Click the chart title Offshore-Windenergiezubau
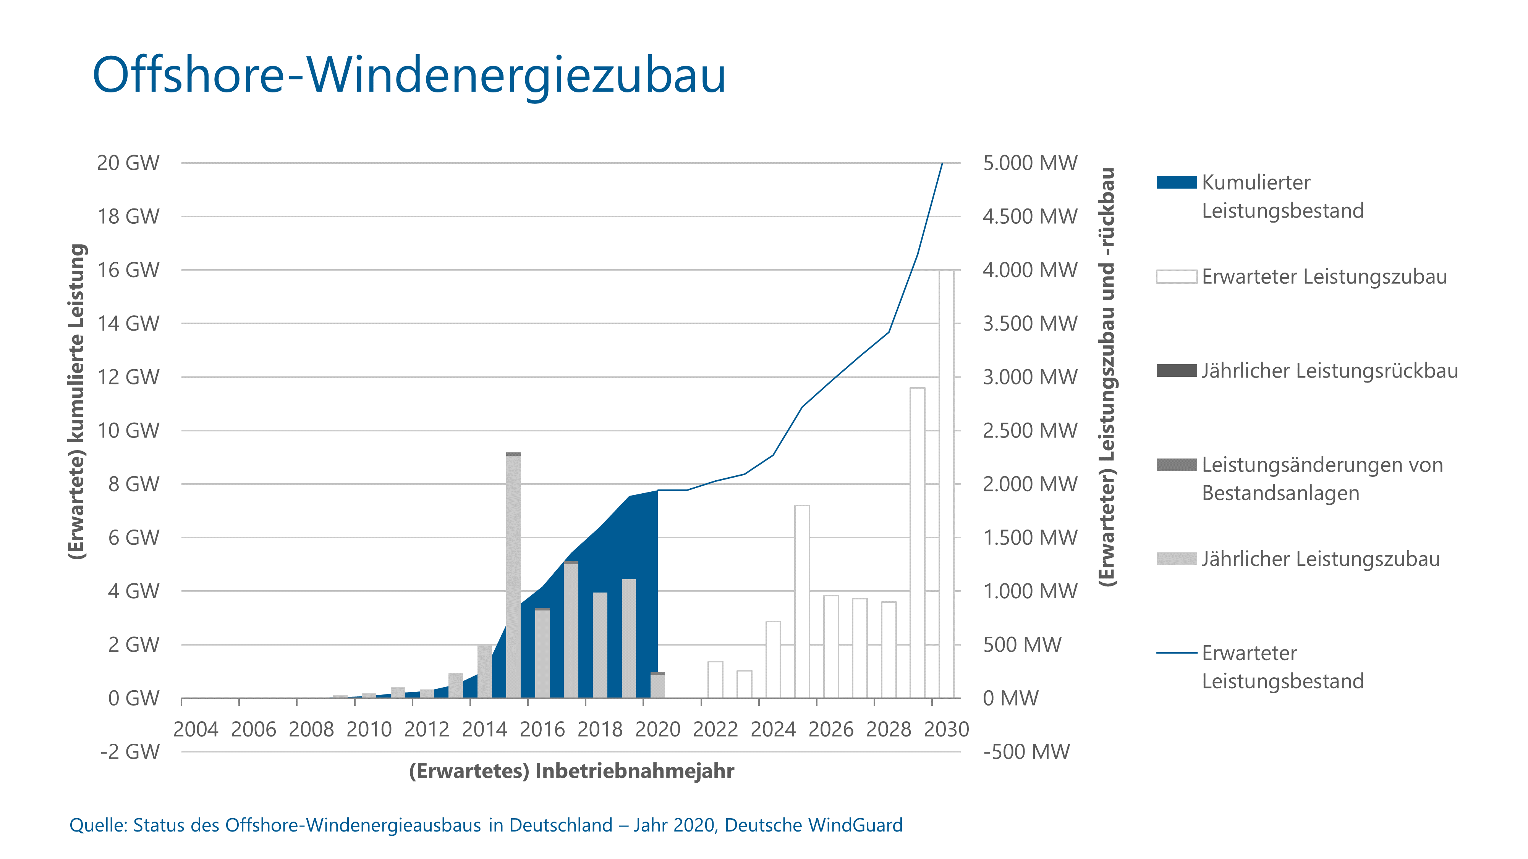point(409,75)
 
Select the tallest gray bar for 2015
point(513,575)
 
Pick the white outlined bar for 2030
point(946,483)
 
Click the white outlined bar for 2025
point(802,601)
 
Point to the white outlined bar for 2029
point(917,543)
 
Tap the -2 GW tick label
point(130,752)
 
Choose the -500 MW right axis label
point(1026,752)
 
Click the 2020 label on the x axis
point(658,729)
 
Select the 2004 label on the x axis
point(196,729)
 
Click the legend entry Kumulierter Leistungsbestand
point(1282,196)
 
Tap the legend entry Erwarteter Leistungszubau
point(1324,276)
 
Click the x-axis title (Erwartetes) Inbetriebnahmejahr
point(571,771)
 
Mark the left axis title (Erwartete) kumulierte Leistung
point(77,401)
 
